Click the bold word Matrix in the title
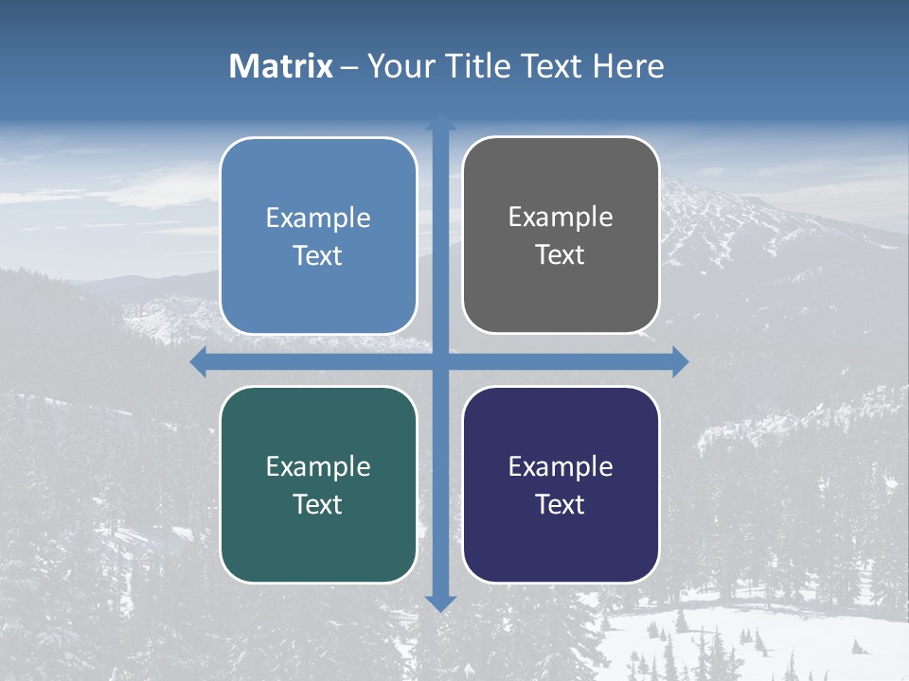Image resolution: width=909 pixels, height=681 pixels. tap(281, 66)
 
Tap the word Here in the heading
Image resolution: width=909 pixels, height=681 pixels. tap(629, 66)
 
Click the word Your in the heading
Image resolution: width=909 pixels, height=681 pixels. tap(398, 66)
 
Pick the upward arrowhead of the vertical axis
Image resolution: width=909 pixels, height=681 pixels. tap(440, 122)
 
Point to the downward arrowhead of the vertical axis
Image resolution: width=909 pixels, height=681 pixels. tap(440, 602)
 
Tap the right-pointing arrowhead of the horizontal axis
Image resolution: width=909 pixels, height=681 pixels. tap(680, 361)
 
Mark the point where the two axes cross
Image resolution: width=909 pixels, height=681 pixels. tap(440, 361)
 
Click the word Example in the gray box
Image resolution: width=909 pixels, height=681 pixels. tap(561, 218)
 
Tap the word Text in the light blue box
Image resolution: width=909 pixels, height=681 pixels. tap(318, 256)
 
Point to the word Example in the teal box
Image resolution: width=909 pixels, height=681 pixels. tap(318, 466)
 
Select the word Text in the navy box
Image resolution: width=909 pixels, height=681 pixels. tap(561, 504)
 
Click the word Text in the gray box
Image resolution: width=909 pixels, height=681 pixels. tap(561, 255)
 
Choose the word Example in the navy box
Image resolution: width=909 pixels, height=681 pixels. tap(561, 466)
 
